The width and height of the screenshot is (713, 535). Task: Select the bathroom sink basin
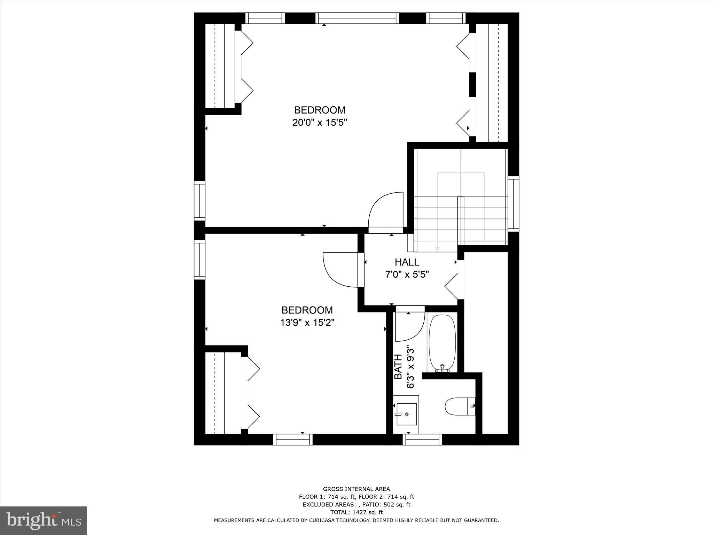406,414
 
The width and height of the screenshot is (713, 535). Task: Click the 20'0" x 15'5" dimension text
320,123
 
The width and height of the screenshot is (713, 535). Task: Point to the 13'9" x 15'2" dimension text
307,323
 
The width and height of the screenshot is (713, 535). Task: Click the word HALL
407,262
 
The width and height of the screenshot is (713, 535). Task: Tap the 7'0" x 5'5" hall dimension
407,274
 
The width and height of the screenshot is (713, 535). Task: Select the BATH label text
398,367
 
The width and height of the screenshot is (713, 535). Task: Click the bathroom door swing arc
410,327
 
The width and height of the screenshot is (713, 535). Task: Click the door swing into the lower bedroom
339,270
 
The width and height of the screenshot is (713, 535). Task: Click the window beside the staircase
513,204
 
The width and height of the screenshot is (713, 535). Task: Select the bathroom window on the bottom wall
422,440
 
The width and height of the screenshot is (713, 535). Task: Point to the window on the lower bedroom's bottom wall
292,440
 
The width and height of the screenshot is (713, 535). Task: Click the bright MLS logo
44,520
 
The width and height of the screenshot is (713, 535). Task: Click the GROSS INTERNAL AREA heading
356,489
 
